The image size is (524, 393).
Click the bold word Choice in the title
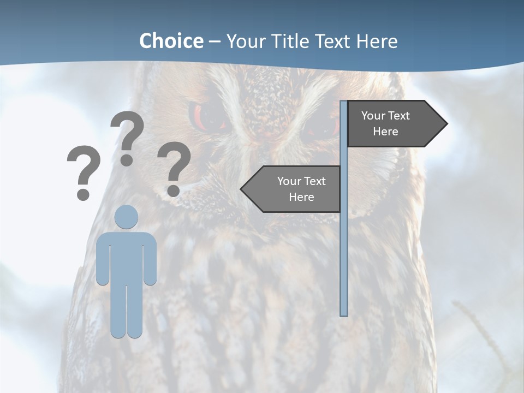coord(171,41)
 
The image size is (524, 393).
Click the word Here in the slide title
coord(377,41)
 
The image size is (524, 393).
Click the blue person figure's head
coord(126,217)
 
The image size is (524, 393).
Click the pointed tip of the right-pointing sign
coord(446,124)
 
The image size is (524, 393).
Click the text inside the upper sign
coord(385,123)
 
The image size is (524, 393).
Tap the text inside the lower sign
coord(301,189)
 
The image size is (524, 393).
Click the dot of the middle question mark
coord(127,160)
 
